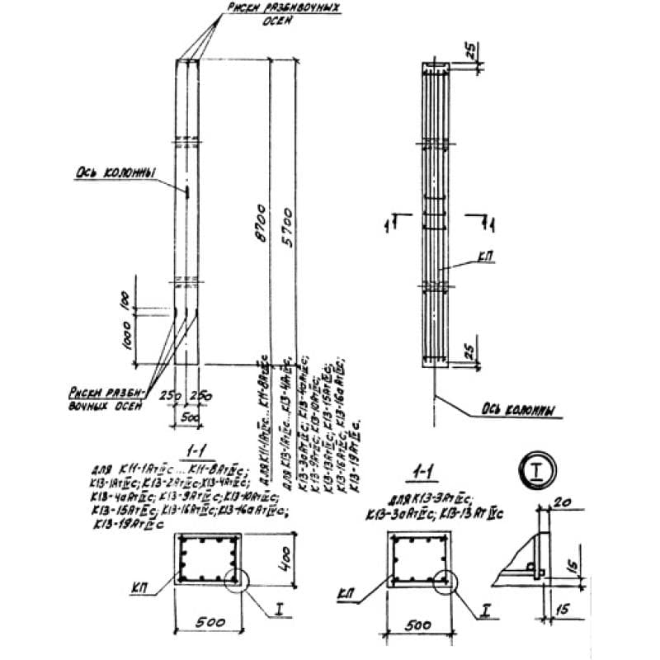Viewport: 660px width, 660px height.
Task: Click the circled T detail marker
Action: (535, 473)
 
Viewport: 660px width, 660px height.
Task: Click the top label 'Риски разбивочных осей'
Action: (268, 16)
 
